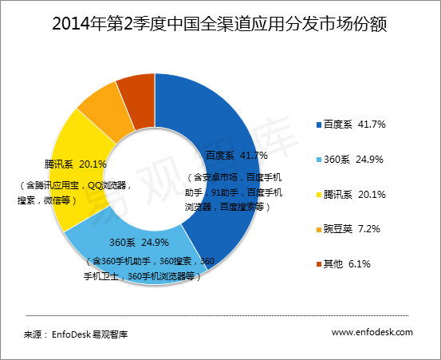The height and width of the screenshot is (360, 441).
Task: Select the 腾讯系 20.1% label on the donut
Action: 69,165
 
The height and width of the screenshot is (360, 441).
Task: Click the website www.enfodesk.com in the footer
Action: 372,331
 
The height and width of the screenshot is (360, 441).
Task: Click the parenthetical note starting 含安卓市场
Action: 232,192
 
